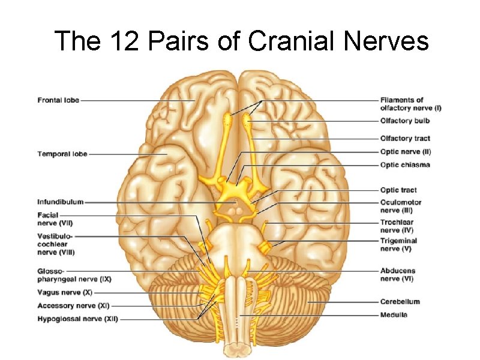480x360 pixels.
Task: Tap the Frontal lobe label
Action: (58, 100)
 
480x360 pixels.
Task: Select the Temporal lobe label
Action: (62, 154)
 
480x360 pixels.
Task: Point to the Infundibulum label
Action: (61, 202)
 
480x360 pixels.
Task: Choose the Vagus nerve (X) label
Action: (65, 293)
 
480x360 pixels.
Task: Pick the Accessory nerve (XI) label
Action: (71, 306)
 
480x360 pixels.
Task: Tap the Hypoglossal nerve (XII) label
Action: (77, 319)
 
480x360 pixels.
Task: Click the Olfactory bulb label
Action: (405, 121)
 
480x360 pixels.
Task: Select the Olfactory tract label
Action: (405, 139)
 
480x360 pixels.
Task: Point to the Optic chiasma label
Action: (405, 165)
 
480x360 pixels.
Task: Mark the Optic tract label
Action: (398, 190)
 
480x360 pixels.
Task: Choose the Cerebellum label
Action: (400, 302)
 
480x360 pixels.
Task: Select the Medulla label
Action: (394, 315)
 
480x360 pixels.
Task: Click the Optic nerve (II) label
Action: (406, 152)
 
